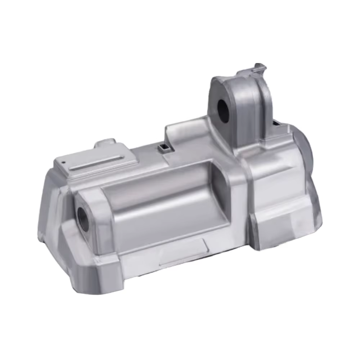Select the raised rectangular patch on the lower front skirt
(x=184, y=252)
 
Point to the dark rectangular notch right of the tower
(x=277, y=123)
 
